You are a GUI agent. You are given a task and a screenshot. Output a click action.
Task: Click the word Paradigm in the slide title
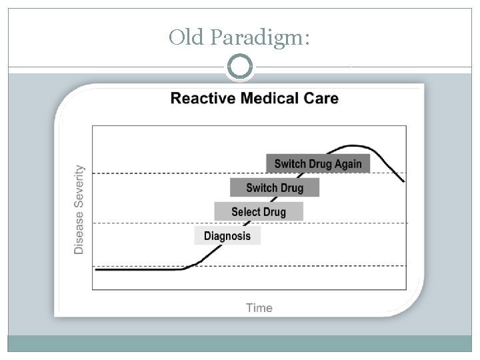pos(259,37)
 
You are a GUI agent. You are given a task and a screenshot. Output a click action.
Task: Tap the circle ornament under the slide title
pos(240,67)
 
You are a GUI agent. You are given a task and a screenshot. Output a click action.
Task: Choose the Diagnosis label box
pos(227,235)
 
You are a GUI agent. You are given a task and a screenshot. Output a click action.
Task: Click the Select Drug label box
pos(259,212)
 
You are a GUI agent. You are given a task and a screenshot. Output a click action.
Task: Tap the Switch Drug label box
pos(275,188)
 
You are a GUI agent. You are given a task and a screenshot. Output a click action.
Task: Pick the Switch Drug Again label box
pos(318,163)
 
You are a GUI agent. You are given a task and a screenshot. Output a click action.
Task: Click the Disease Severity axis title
pos(79,209)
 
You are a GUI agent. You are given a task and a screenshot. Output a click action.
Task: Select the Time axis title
pos(259,307)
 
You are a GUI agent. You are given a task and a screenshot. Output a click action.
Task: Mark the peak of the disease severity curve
pos(352,145)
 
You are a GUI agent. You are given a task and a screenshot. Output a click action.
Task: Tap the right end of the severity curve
pos(403,181)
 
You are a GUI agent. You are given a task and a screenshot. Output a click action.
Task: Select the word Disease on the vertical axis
pos(79,233)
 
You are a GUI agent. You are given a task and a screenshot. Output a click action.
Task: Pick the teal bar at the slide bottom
pos(240,343)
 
